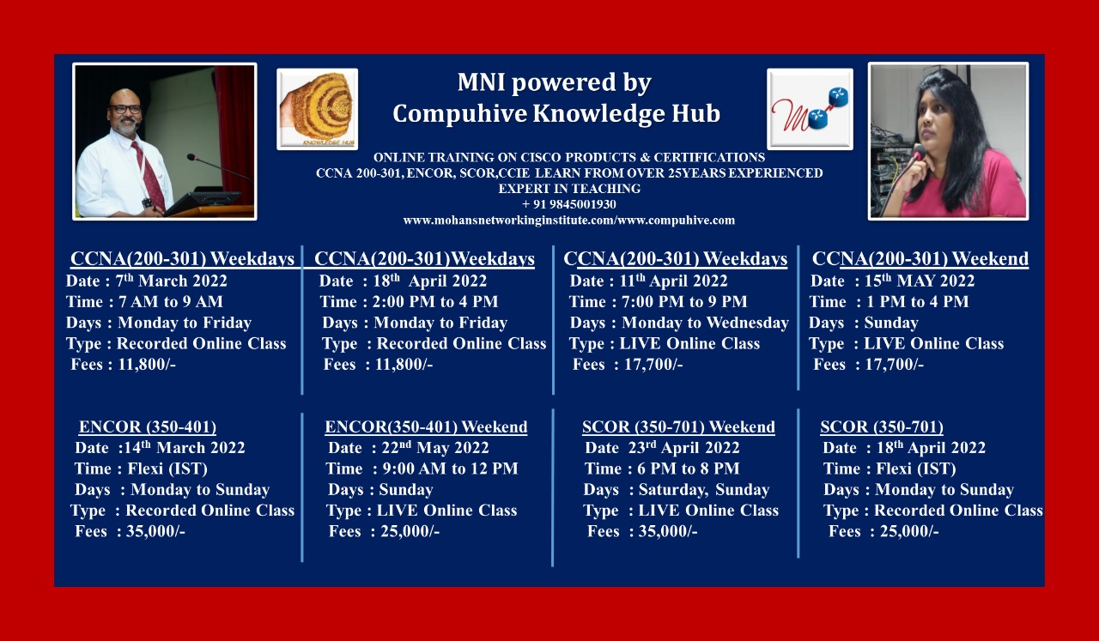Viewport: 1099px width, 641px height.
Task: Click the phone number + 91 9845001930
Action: [568, 204]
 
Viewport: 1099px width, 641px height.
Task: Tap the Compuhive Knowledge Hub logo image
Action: [318, 109]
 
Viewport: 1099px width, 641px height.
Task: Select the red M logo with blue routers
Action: [810, 109]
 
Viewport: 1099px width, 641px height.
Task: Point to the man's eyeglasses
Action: [125, 109]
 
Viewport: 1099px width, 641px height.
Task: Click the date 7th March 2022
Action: [171, 281]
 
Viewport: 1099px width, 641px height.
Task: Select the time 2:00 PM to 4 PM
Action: [435, 301]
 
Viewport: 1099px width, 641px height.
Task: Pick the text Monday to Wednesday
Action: [705, 323]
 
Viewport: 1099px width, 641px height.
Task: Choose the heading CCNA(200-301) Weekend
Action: [920, 258]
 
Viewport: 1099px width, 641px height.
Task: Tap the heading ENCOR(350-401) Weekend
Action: [426, 426]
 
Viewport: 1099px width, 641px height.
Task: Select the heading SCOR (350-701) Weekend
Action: [678, 426]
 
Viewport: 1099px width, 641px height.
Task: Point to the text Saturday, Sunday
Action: [704, 489]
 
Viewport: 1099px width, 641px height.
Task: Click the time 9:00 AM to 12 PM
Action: [451, 469]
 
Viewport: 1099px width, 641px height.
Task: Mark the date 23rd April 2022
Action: [684, 447]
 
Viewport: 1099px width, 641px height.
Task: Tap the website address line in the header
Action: [569, 221]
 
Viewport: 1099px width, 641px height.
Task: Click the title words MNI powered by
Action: [555, 82]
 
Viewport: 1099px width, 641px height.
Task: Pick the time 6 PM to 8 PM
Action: [689, 469]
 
